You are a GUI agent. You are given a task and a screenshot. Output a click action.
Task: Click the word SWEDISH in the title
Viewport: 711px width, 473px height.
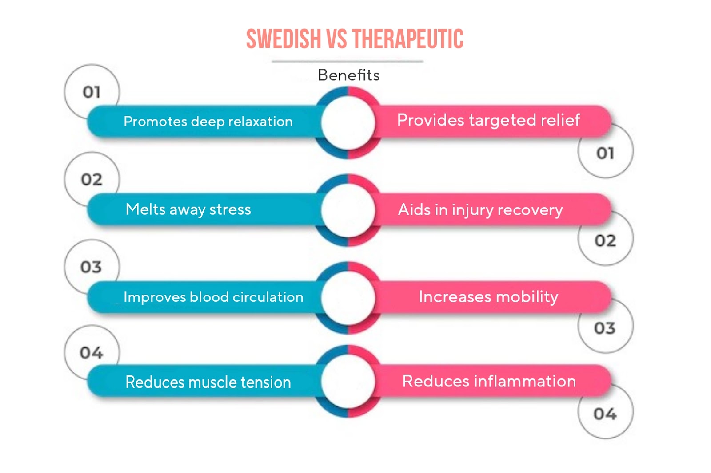tap(283, 39)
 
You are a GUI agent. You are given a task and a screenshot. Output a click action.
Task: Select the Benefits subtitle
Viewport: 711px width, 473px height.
tap(348, 75)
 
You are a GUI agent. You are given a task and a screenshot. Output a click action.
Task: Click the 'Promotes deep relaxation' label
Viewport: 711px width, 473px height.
tap(208, 121)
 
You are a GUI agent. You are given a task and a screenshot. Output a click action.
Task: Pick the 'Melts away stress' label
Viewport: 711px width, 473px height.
tap(188, 209)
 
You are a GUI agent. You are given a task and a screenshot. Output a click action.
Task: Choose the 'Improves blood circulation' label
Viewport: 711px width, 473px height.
tap(213, 297)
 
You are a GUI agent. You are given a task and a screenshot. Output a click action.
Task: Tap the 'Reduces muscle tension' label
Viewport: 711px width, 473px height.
tap(208, 382)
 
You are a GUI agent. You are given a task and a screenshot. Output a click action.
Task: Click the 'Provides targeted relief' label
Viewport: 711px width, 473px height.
tap(488, 120)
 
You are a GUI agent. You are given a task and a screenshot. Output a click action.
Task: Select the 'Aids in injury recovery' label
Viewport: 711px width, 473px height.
tap(480, 209)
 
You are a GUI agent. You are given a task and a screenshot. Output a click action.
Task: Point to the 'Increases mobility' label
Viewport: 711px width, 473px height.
tap(488, 296)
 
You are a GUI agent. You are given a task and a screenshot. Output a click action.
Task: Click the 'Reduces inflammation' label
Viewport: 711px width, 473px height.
tap(489, 381)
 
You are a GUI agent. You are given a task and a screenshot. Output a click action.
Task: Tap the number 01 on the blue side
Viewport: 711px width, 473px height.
tap(92, 92)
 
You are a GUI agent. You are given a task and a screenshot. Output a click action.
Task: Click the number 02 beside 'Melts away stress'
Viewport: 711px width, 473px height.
tap(92, 180)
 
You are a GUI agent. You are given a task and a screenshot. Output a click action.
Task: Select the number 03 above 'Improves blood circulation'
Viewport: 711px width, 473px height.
tap(91, 267)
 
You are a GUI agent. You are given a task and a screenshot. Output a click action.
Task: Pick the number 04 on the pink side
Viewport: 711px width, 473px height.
tap(605, 414)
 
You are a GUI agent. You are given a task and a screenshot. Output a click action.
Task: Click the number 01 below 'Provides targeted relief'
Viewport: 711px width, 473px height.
tap(605, 154)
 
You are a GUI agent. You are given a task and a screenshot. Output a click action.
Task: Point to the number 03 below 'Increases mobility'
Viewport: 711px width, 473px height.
tap(605, 328)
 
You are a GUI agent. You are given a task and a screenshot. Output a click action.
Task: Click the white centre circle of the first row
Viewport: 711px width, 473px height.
tap(348, 122)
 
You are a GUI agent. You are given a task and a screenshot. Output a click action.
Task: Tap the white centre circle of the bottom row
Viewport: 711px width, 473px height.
tap(348, 381)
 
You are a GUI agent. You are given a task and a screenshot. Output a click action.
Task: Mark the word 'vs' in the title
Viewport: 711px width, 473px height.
tap(336, 39)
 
